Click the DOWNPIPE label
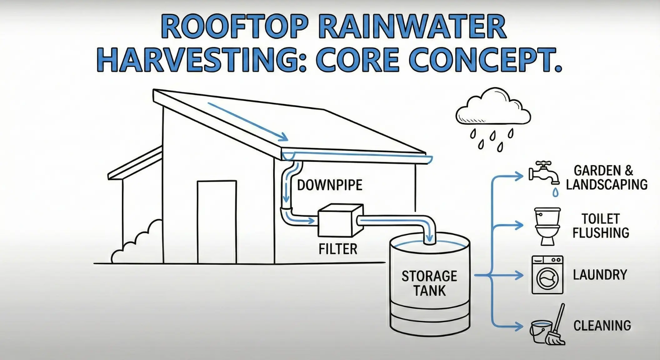329,185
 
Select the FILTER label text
338,249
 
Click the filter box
340,221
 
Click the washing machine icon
547,275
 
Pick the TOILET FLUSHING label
601,226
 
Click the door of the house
217,222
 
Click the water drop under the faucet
555,192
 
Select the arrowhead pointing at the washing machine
519,275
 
